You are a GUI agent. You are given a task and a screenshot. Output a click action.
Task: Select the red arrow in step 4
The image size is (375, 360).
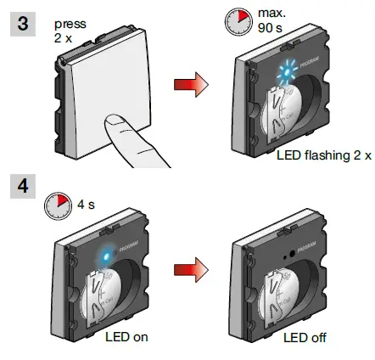189,269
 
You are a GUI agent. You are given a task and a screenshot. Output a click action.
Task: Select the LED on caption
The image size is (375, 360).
126,337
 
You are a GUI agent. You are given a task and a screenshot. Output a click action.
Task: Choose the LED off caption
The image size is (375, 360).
305,338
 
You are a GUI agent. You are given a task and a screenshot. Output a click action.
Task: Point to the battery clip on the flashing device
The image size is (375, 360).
273,119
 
